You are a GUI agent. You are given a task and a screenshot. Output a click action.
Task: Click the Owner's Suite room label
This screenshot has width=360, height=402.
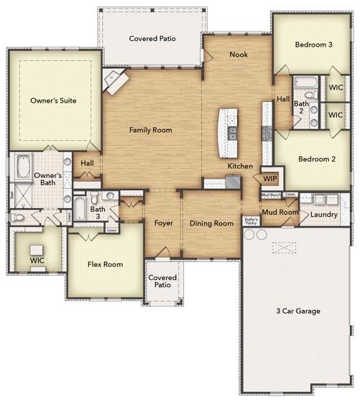tap(53, 100)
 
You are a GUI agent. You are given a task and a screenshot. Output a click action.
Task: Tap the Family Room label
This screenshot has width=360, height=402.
tap(150, 130)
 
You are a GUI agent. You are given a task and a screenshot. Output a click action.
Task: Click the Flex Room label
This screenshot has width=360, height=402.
tap(105, 264)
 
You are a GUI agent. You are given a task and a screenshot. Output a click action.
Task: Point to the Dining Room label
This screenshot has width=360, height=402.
tap(211, 223)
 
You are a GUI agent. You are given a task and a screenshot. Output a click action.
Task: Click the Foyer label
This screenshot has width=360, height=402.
tap(164, 223)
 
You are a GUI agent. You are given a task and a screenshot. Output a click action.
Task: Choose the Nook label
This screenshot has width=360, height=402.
tap(239, 55)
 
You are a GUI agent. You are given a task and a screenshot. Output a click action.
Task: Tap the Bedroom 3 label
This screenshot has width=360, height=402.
tap(314, 45)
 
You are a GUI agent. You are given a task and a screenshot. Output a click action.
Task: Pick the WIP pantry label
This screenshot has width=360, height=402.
tap(270, 178)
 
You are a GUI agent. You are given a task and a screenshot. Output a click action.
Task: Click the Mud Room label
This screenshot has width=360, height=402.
tap(280, 212)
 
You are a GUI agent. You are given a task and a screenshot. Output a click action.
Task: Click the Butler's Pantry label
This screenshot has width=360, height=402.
tap(250, 221)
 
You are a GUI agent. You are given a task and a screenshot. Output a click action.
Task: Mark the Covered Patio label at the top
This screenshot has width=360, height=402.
tap(152, 39)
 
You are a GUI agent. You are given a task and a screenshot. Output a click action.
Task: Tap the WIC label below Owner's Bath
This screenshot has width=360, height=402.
tap(37, 259)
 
